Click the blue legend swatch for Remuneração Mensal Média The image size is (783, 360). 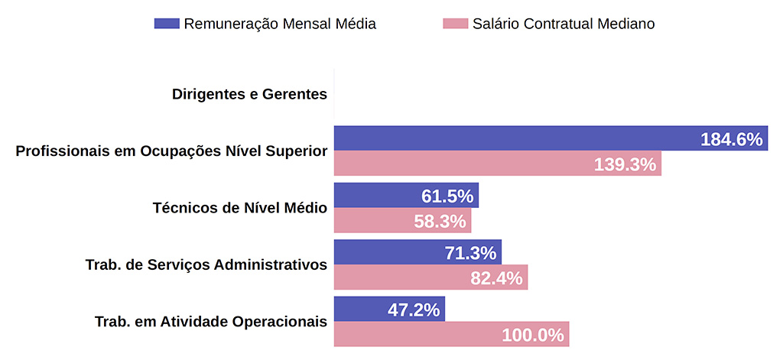166,24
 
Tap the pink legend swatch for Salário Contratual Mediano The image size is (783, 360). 455,24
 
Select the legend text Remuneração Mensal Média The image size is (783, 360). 280,24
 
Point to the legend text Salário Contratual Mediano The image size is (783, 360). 564,24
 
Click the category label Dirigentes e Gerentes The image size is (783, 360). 249,95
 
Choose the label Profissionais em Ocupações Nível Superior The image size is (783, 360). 171,151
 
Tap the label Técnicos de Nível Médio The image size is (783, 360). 239,207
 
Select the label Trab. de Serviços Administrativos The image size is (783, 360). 206,264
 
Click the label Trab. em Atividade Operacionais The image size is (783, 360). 210,321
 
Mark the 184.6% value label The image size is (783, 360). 731,139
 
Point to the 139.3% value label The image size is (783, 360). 625,164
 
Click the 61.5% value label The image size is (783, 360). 447,196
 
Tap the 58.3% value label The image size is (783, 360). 440,222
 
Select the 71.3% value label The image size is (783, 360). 470,253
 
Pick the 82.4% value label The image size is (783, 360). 496,278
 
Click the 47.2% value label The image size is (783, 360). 414,310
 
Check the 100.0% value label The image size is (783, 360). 533,335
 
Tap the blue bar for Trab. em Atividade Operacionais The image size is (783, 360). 359,309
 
